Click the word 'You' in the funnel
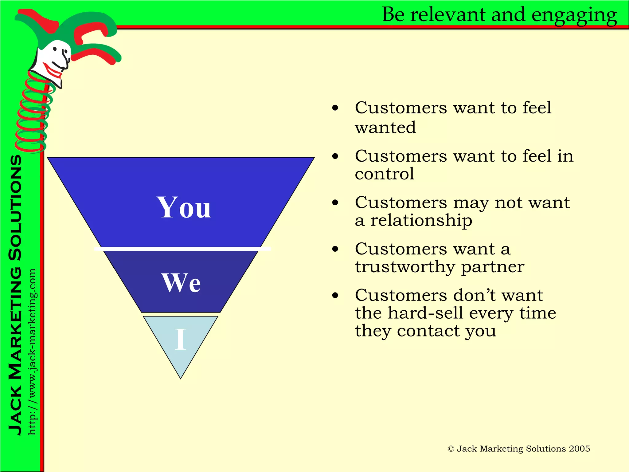[183, 208]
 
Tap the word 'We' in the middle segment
[181, 283]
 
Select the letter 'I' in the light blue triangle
[181, 339]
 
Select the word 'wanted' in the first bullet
[385, 128]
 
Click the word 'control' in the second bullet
[385, 174]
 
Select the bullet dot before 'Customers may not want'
[335, 203]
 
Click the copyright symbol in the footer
[451, 449]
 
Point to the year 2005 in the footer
[579, 449]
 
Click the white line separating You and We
[182, 249]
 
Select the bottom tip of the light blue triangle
[181, 378]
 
